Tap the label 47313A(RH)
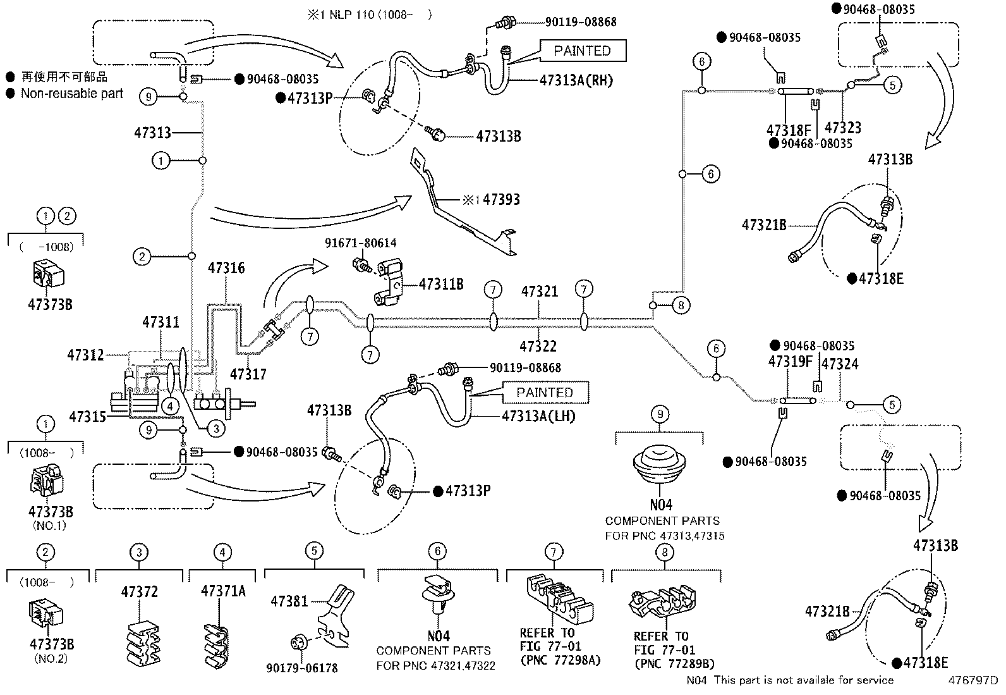[x=576, y=80]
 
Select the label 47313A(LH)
[x=538, y=416]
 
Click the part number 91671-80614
[x=361, y=243]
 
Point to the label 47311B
[x=441, y=284]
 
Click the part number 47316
[x=226, y=268]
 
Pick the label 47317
[x=248, y=374]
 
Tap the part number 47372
[x=139, y=592]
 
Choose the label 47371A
[x=223, y=591]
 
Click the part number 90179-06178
[x=302, y=668]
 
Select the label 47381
[x=289, y=601]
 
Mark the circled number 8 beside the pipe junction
[x=681, y=305]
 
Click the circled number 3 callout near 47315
[x=216, y=428]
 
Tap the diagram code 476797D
[x=973, y=680]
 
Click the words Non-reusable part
[x=72, y=94]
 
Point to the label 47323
[x=843, y=128]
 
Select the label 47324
[x=840, y=364]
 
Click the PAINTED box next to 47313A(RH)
[x=583, y=51]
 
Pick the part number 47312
[x=85, y=355]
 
